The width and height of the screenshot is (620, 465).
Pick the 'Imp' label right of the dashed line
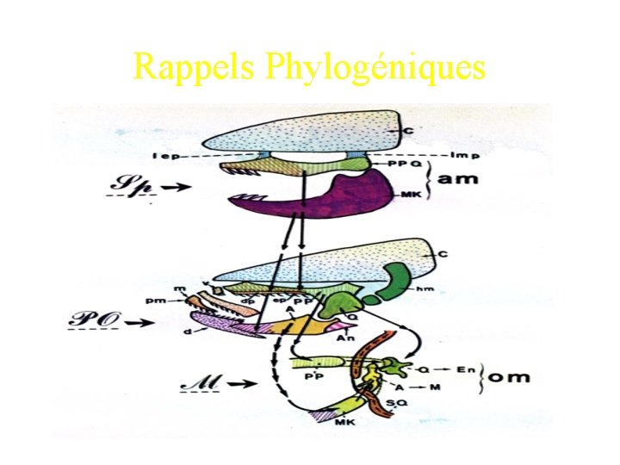pyautogui.click(x=464, y=156)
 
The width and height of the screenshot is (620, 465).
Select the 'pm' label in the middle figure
pyautogui.click(x=179, y=301)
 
